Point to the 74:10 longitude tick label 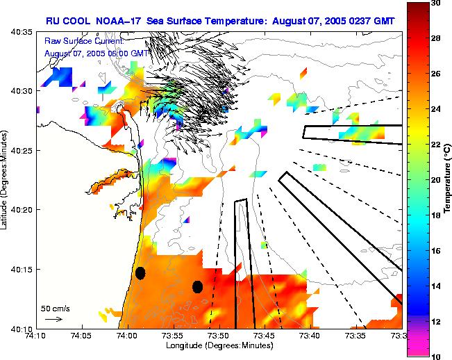(37, 336)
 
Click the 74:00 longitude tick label (128, 336)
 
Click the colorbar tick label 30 (435, 3)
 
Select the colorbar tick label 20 (435, 180)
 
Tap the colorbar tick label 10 (435, 356)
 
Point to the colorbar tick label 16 (435, 250)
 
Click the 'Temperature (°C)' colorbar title (448, 180)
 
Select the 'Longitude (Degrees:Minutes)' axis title (219, 345)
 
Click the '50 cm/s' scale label (55, 308)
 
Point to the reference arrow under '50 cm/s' (53, 318)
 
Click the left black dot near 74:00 (140, 273)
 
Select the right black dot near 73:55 (197, 286)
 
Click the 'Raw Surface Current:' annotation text (84, 42)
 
